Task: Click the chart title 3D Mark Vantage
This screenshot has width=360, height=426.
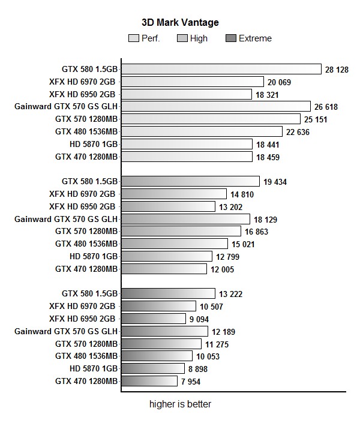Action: point(180,23)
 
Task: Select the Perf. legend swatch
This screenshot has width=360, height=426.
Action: point(134,38)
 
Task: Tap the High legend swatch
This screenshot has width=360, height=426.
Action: point(182,38)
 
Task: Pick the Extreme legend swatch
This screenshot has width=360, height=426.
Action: point(231,38)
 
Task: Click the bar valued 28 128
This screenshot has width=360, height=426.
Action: point(221,69)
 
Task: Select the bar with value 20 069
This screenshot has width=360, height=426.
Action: point(193,82)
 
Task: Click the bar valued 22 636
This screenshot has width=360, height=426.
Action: point(202,131)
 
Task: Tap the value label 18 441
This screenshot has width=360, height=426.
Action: point(269,144)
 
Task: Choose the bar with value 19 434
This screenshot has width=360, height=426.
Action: point(190,181)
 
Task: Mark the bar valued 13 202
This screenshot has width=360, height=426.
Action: point(168,206)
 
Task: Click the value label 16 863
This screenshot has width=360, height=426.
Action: point(257,232)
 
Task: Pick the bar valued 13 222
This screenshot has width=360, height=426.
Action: point(168,293)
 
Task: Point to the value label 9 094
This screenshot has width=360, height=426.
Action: point(199,319)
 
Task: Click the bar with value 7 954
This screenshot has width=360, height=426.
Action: point(149,381)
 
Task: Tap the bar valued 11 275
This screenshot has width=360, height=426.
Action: point(161,344)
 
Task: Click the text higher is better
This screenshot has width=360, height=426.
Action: point(180,404)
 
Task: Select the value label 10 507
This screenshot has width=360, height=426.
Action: point(212,307)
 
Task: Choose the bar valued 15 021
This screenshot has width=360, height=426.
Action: point(175,244)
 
